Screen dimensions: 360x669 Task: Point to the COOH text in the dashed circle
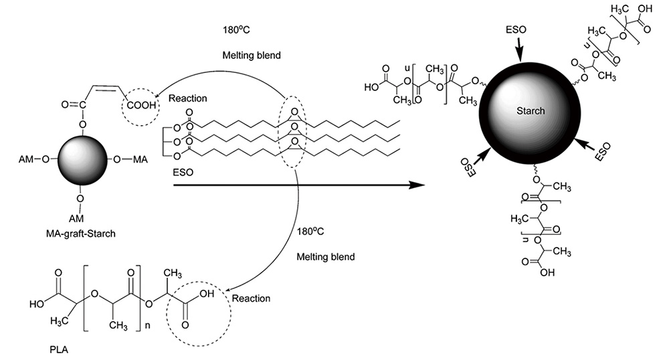(140, 106)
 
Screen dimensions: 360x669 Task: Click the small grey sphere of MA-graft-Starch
(80, 160)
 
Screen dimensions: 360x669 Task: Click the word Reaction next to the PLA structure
(251, 299)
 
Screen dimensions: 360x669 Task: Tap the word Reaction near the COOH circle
(189, 98)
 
